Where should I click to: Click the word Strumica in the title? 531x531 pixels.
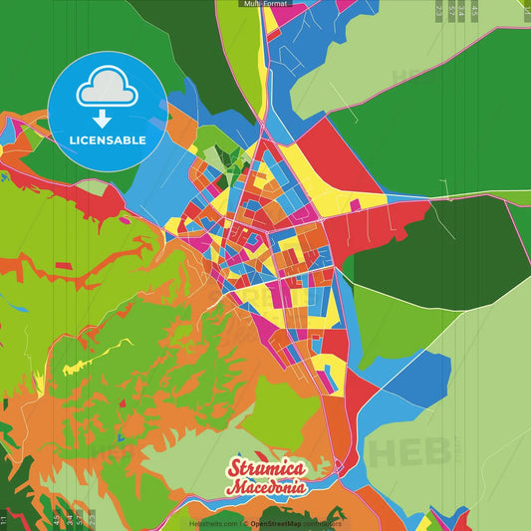pyautogui.click(x=266, y=469)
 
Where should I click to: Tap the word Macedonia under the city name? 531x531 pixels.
pyautogui.click(x=266, y=488)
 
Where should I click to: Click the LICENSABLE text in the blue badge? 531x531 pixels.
pyautogui.click(x=108, y=140)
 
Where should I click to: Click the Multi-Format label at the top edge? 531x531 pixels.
pyautogui.click(x=265, y=4)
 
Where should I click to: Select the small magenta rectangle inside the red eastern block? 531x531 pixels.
pyautogui.click(x=355, y=205)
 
